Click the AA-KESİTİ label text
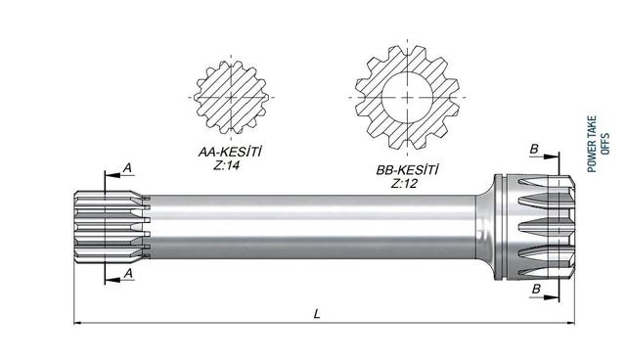230,152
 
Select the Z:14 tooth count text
226,165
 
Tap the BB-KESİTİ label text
407,170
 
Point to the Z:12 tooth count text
404,184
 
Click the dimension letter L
317,314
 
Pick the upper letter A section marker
127,168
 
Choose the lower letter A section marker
128,273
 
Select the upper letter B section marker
534,149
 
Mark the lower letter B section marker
536,289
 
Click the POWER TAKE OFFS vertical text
598,144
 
